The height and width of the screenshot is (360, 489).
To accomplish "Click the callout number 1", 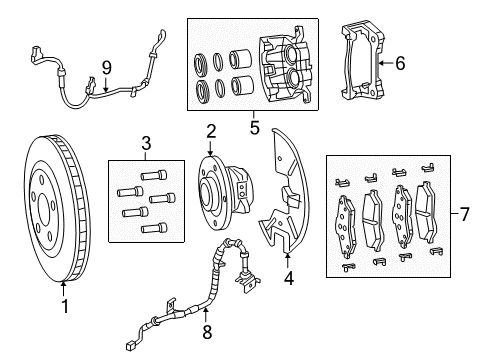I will (x=66, y=307).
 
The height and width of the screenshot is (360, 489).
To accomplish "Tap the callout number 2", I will (x=212, y=131).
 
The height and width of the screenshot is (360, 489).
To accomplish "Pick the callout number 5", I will (x=254, y=128).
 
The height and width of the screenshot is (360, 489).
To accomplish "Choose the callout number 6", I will (x=400, y=63).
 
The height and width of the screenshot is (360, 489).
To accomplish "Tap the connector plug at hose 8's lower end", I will (x=132, y=348).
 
